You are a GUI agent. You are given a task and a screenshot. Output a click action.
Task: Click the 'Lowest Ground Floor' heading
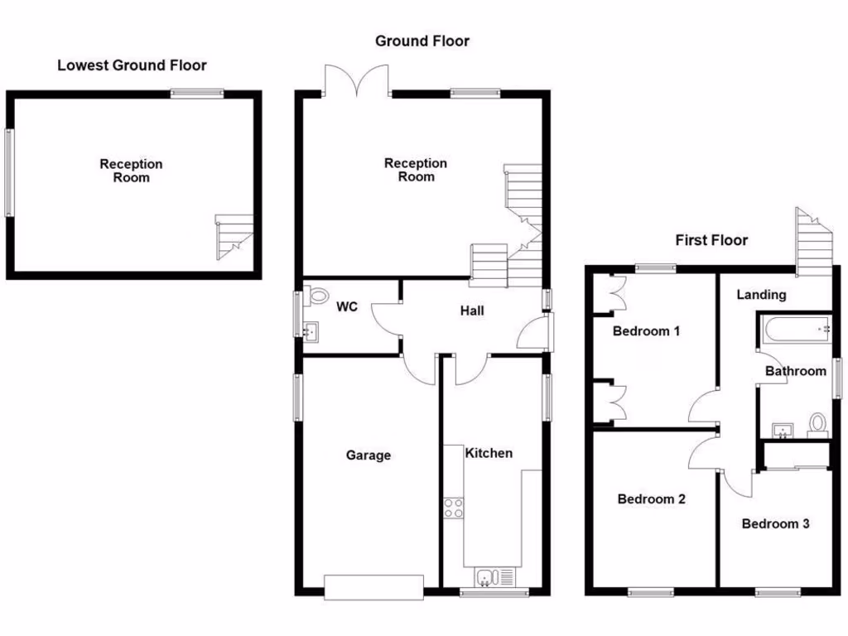click(132, 65)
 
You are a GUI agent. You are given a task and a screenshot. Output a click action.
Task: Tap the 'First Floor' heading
click(711, 240)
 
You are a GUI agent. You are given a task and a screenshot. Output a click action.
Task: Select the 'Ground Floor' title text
click(422, 41)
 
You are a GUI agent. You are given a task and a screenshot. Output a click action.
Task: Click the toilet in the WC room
click(315, 296)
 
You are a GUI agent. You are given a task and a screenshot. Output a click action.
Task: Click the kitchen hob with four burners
click(453, 508)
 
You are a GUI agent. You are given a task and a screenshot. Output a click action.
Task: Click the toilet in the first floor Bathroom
click(818, 424)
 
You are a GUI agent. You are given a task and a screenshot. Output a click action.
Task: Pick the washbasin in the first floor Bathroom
click(783, 430)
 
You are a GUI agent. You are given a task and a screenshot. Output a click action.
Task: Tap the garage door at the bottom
click(374, 587)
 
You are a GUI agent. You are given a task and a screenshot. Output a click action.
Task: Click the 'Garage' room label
click(368, 455)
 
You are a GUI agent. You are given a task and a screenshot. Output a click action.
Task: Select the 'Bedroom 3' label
click(775, 523)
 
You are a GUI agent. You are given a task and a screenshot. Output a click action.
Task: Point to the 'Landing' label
click(761, 295)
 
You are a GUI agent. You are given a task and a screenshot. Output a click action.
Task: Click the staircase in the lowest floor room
click(234, 236)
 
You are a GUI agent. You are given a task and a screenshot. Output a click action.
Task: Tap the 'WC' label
click(347, 307)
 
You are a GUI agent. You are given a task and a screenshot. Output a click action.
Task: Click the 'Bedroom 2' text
click(651, 499)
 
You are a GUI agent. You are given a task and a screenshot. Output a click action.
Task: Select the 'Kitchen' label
click(489, 453)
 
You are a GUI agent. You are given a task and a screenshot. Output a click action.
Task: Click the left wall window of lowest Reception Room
click(9, 172)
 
